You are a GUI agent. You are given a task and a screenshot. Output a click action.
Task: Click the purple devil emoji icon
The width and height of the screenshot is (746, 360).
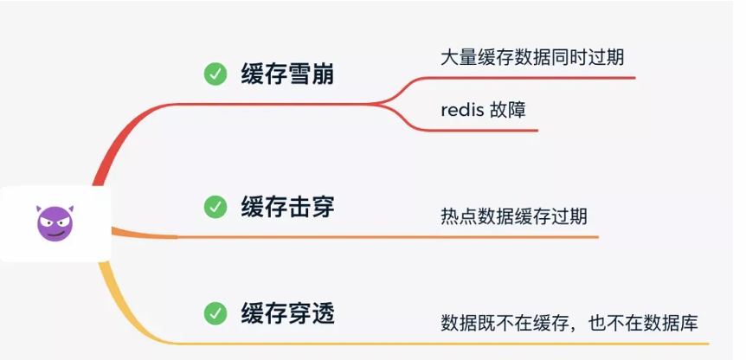[x=55, y=223]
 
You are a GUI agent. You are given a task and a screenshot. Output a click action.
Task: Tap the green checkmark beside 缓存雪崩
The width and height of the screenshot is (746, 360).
[x=215, y=74]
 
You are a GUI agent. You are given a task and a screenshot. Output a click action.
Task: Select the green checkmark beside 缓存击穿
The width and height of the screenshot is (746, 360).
[x=215, y=207]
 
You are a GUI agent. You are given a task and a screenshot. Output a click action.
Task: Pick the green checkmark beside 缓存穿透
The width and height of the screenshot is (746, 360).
[x=215, y=312]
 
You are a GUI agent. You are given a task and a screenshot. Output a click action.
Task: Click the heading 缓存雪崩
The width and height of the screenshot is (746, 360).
[x=287, y=74]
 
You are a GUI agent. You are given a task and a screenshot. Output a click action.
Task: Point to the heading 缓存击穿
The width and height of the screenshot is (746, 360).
[x=287, y=207]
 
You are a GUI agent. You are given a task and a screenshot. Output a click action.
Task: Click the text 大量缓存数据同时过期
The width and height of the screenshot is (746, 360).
[x=531, y=57]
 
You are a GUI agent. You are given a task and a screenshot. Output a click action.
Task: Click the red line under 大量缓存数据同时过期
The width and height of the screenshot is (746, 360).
[x=537, y=78]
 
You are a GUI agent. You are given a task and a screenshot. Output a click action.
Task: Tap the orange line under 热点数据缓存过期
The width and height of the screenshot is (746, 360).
[x=519, y=236]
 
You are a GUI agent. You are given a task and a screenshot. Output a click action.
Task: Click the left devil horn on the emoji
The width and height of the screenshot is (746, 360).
[x=40, y=209]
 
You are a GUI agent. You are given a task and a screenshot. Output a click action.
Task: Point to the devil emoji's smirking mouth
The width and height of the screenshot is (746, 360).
[x=55, y=233]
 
